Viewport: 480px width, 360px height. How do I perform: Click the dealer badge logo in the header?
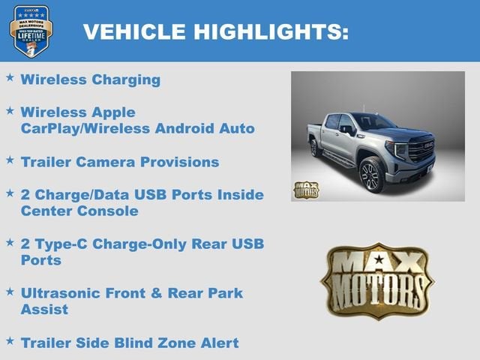[x=31, y=30]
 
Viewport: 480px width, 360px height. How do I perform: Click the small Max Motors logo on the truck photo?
[x=306, y=190]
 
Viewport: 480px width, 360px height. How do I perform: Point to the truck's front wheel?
[x=372, y=174]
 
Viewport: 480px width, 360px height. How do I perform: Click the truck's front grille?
[x=420, y=149]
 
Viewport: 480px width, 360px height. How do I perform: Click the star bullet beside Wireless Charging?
[x=10, y=77]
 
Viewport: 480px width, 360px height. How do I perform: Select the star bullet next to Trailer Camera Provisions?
[x=10, y=160]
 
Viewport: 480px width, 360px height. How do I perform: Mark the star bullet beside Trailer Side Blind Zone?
[x=10, y=340]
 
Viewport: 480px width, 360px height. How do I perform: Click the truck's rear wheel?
[x=315, y=148]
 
